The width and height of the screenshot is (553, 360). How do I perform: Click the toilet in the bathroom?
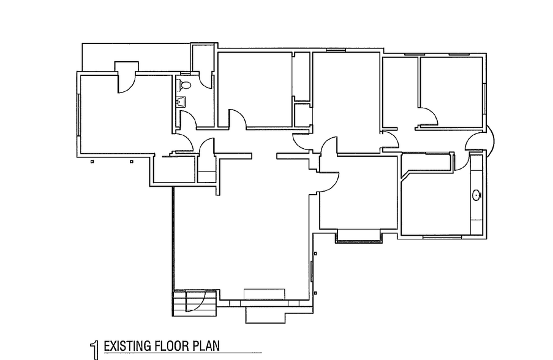coord(186,84)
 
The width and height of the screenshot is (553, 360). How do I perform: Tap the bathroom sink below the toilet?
coord(181,102)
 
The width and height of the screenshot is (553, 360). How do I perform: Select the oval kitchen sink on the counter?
coord(477,197)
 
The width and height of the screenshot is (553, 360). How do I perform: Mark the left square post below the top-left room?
coord(91,162)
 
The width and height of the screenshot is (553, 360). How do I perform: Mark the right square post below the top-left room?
coord(131,162)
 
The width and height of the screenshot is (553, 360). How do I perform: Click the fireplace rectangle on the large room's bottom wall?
coord(264,294)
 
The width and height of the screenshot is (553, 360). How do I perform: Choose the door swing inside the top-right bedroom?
coord(427,116)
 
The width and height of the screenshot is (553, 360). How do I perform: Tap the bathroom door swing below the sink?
coord(187,121)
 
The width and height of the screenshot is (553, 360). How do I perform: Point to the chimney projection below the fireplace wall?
coord(265,314)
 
